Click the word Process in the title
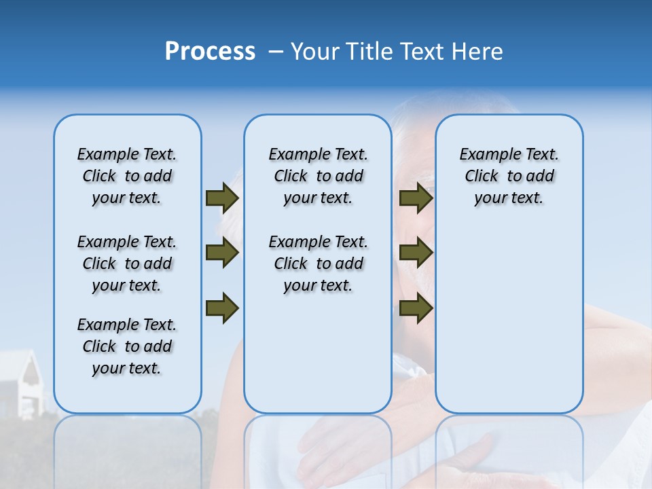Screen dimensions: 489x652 coord(210,52)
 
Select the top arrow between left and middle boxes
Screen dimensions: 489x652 coord(222,198)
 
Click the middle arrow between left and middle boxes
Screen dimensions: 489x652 coord(222,253)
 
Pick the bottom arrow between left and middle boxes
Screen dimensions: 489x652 coord(222,308)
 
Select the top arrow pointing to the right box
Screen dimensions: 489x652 coord(416,198)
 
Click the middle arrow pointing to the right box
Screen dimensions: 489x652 coord(416,253)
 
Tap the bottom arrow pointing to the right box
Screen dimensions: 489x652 coord(416,308)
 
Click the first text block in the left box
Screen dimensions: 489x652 coord(127,176)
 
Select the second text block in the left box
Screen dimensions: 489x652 coord(127,264)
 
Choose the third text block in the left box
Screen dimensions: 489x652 coord(127,346)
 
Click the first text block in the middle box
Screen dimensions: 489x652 coord(318,176)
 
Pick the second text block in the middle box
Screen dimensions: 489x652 coord(318,264)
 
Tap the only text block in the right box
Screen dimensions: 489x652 coord(509,176)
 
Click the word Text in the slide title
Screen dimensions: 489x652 coord(424,52)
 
